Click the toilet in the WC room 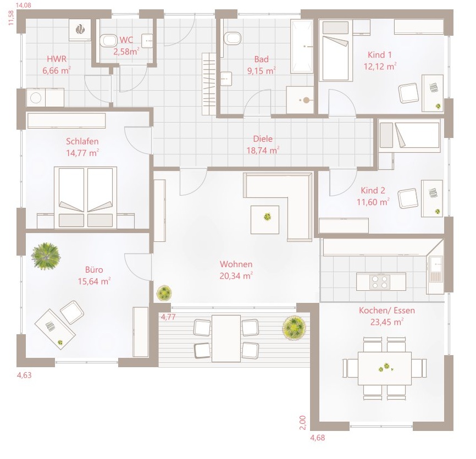(x=108, y=41)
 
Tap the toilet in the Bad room (x=233, y=38)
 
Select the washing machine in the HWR (x=36, y=98)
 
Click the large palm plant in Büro (x=46, y=256)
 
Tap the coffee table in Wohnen (x=265, y=220)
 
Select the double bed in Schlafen (x=85, y=197)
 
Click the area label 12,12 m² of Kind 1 (x=380, y=66)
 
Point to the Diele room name (x=263, y=139)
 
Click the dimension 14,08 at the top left (x=24, y=5)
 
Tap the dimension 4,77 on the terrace (x=168, y=317)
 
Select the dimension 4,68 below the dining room (x=318, y=438)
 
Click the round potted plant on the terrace (x=294, y=328)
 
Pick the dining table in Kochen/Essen (x=385, y=368)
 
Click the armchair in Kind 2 (x=408, y=199)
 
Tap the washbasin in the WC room (x=147, y=41)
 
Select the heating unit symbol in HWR (x=80, y=30)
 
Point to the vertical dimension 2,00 (x=303, y=423)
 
